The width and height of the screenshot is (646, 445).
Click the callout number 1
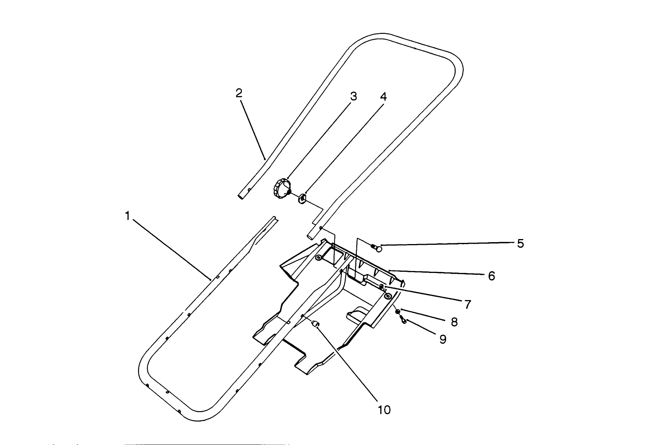click(127, 216)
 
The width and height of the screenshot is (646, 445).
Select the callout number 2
click(239, 93)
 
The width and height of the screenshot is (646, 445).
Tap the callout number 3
click(353, 96)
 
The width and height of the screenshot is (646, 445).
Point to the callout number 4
click(383, 97)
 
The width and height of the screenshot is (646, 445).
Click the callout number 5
click(520, 243)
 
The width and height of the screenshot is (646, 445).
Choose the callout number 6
click(491, 276)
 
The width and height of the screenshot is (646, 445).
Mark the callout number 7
click(468, 304)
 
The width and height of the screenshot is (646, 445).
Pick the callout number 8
click(454, 322)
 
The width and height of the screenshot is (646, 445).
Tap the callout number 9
click(443, 339)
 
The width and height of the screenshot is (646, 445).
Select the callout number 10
click(384, 410)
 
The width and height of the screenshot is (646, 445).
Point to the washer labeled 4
click(302, 199)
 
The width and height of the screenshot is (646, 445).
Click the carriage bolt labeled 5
click(377, 248)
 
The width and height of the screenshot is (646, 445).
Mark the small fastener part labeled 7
click(381, 286)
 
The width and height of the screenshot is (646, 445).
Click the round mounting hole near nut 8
click(388, 296)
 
